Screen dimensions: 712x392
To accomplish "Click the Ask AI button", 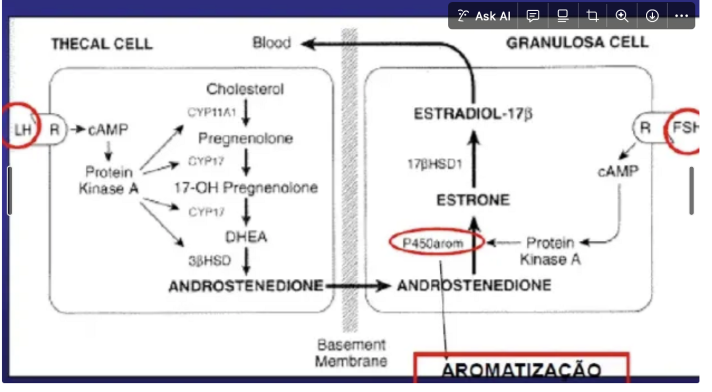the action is (x=484, y=16).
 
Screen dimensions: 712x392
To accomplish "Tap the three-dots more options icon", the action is (x=681, y=16).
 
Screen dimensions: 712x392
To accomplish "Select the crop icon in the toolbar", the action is (x=592, y=16).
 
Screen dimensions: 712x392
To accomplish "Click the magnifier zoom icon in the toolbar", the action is (x=622, y=16).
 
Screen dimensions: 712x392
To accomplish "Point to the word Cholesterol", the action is (x=245, y=89).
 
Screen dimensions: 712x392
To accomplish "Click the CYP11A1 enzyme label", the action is (x=211, y=113).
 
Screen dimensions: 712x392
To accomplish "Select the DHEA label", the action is (x=246, y=237).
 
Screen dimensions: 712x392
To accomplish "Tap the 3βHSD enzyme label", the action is (x=209, y=261).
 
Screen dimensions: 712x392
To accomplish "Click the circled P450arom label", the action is (x=433, y=244).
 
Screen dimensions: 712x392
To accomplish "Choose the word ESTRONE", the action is (x=473, y=200).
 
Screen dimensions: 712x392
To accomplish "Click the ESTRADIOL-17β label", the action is (x=473, y=114).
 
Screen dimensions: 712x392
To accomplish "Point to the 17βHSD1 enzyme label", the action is (x=434, y=164).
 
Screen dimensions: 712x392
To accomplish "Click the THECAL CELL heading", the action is (x=101, y=44).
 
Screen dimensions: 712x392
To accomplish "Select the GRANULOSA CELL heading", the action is (x=577, y=43).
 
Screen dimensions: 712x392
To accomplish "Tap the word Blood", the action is (x=272, y=43).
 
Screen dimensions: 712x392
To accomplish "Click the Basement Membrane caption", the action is (x=351, y=352).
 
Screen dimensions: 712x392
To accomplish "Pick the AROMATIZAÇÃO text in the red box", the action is (x=521, y=370).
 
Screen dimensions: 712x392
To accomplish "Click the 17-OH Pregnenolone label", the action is (x=246, y=187).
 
